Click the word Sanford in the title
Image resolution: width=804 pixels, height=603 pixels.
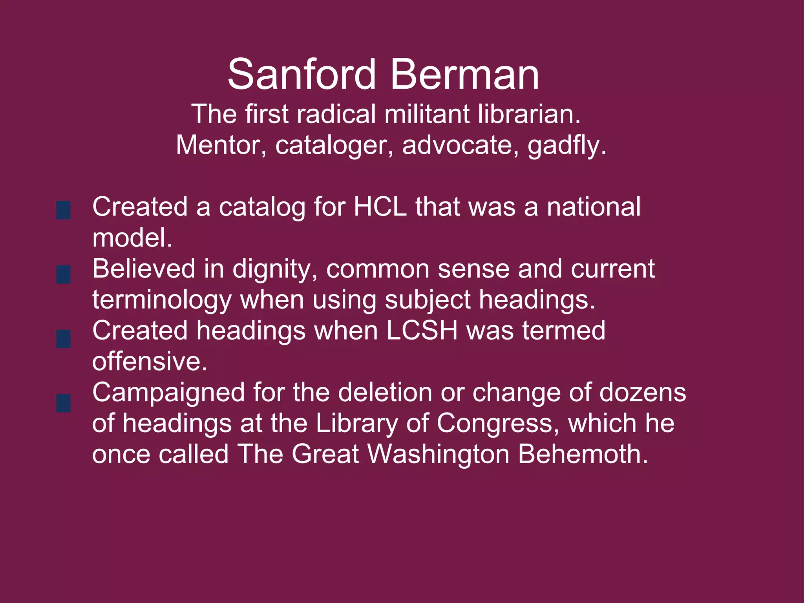301,75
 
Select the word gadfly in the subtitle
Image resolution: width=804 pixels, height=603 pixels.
566,146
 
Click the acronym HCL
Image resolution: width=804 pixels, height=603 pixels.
380,207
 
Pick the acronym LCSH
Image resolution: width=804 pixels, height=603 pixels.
422,331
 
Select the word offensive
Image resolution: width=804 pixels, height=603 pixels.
150,362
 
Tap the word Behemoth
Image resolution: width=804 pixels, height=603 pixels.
583,454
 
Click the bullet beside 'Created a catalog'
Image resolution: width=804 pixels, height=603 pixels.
64,210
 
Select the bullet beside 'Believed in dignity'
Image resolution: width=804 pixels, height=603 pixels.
64,274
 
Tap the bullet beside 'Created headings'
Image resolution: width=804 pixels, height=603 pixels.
64,339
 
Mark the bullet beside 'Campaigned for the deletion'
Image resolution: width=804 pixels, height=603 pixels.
64,403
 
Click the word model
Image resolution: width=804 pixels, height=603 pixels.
132,238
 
